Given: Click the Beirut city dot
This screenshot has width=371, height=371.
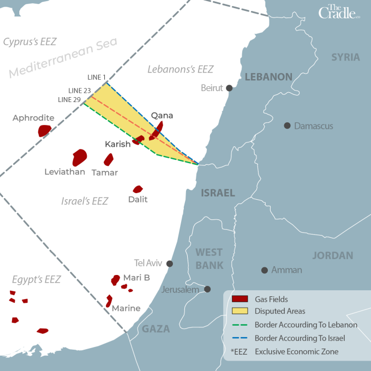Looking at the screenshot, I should coord(230,88).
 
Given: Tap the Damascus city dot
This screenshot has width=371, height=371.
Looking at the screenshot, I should coord(287,125).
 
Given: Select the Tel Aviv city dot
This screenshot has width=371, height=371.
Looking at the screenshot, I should coord(170,264).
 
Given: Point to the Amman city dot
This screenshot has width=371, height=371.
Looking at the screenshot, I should coord(265,270).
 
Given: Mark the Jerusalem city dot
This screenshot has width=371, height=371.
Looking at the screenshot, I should coord(207,289).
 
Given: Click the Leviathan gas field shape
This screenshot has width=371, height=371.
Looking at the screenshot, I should coord(80,157).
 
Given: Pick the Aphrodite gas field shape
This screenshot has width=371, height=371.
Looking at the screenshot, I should coord(44,130).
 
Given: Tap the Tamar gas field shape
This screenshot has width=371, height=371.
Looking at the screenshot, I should coord(109,159).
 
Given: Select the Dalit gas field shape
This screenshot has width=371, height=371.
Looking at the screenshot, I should coord(138,189).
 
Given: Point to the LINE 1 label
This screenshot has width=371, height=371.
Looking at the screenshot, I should coord(97,77).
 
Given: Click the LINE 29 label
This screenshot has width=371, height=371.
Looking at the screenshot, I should coord(69,99).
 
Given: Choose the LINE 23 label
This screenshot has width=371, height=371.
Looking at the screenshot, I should coord(80,90).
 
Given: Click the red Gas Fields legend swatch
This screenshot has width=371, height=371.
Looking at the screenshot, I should coord(240,299).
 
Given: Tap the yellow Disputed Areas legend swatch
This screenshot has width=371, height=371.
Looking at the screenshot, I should coord(240,312).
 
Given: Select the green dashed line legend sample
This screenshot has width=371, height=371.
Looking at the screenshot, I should coord(240,325).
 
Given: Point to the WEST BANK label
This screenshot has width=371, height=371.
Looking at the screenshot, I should coord(210,259).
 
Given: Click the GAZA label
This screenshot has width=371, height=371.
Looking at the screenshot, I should coord(156,329).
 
